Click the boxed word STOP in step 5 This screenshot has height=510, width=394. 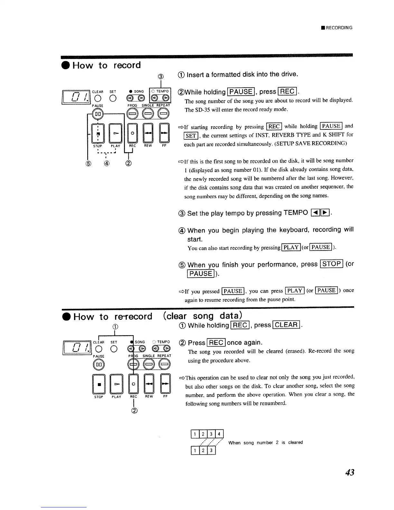click(332, 264)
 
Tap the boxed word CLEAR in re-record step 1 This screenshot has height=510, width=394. click(286, 325)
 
